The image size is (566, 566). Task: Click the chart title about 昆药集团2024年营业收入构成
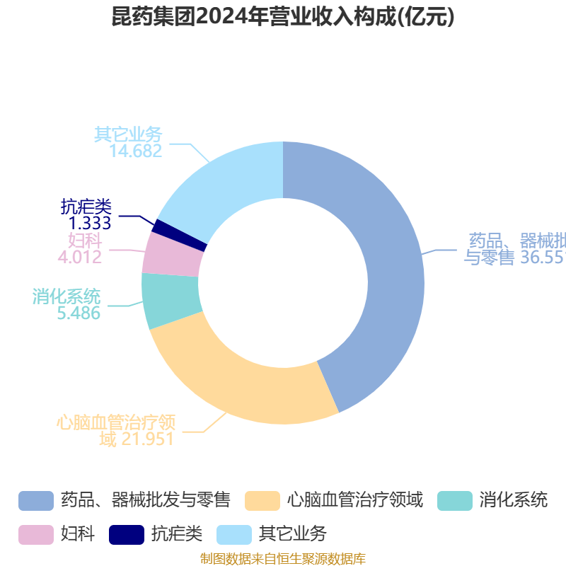coord(283,17)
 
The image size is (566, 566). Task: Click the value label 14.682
coord(136,151)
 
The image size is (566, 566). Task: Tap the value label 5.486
coord(79,313)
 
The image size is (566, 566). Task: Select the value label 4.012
coord(80,257)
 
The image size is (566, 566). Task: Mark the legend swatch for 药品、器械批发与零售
coord(36,500)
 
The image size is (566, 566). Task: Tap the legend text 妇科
coord(78,533)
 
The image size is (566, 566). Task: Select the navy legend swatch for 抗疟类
coord(127,533)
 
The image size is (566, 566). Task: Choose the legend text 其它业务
coord(293,533)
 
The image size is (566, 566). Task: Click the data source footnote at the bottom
coord(283,559)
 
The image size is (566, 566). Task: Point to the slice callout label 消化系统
coord(67,296)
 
